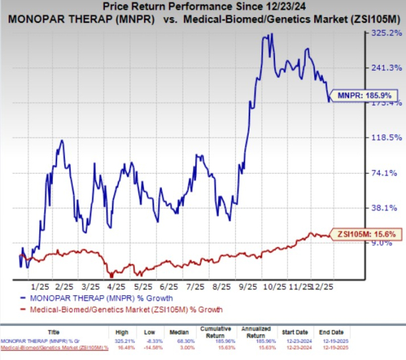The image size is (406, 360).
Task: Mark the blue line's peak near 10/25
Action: (264, 35)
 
